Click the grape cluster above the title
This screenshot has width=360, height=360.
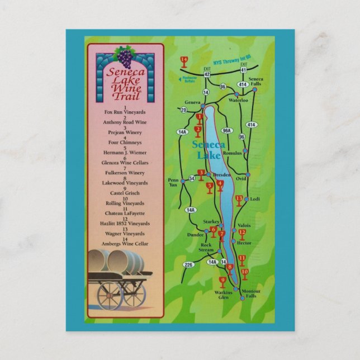tap(125, 56)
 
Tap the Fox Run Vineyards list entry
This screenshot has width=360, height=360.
tap(125, 112)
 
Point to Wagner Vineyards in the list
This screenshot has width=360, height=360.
tap(125, 234)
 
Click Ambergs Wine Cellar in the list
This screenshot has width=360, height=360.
tap(125, 244)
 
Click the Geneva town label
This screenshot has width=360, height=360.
tap(192, 103)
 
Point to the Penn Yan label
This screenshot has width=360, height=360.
tap(173, 183)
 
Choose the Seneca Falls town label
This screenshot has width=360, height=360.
tap(255, 82)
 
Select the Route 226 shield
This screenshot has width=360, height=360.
tap(188, 264)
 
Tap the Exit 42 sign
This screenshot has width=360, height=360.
tap(207, 72)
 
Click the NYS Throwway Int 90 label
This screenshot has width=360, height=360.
tap(231, 59)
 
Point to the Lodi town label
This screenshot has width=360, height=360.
tap(255, 199)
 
